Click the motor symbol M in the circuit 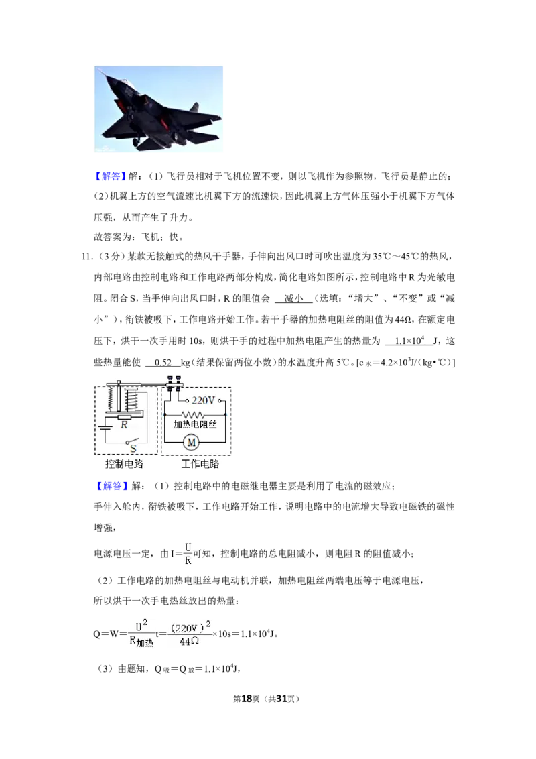(191, 442)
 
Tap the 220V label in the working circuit (203, 400)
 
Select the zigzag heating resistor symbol (192, 415)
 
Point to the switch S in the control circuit (131, 443)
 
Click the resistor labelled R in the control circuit (125, 417)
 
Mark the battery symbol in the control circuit (105, 426)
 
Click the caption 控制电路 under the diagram (124, 464)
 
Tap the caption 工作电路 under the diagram (200, 464)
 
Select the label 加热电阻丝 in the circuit (195, 424)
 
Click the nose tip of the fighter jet (98, 69)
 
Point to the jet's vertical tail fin (194, 107)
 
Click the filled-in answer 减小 (293, 298)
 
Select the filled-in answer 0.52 (163, 363)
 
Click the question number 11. (87, 256)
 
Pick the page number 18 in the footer (247, 699)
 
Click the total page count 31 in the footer (282, 699)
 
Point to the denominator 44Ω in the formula (189, 642)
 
